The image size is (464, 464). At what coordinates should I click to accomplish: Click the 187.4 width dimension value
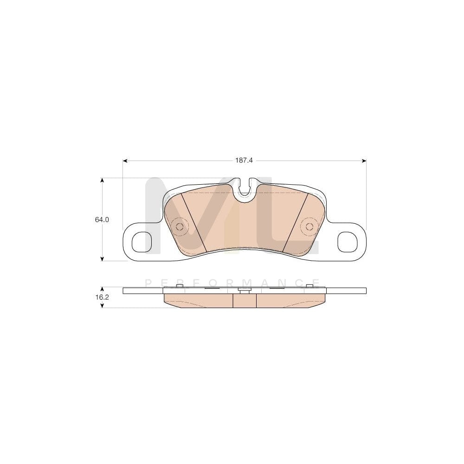click(244, 161)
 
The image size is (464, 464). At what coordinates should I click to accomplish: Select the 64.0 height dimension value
click(102, 220)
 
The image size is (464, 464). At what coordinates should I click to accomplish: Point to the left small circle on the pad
click(179, 226)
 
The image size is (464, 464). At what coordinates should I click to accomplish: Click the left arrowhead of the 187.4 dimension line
click(125, 161)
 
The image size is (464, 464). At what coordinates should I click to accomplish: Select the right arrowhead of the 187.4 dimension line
click(364, 161)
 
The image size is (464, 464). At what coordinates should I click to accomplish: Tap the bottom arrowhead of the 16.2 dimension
click(102, 306)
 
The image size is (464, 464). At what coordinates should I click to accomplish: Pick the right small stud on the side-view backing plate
click(309, 286)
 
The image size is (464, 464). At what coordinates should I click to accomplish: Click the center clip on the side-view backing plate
click(244, 290)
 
